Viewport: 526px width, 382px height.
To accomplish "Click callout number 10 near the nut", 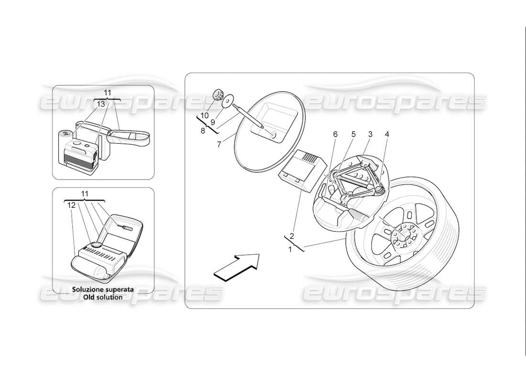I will [x=204, y=116].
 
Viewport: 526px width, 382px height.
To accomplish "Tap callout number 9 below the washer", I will [x=213, y=122].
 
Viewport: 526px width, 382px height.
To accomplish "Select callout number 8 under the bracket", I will [x=203, y=130].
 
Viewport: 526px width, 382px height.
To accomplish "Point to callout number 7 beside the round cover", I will [x=219, y=144].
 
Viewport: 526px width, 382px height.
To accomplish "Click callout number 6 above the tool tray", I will [x=335, y=135].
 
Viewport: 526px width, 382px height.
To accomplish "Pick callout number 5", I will [x=353, y=135].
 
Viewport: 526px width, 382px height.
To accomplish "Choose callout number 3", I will [x=370, y=135].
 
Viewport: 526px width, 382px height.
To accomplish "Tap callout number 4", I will [x=387, y=135].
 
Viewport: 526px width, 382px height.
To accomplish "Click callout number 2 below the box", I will [x=292, y=235].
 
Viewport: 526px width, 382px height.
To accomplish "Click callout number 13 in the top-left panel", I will [x=101, y=104].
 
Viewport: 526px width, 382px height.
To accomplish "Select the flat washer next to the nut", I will [x=228, y=100].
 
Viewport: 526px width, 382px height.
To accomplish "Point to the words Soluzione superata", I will [x=103, y=289].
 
